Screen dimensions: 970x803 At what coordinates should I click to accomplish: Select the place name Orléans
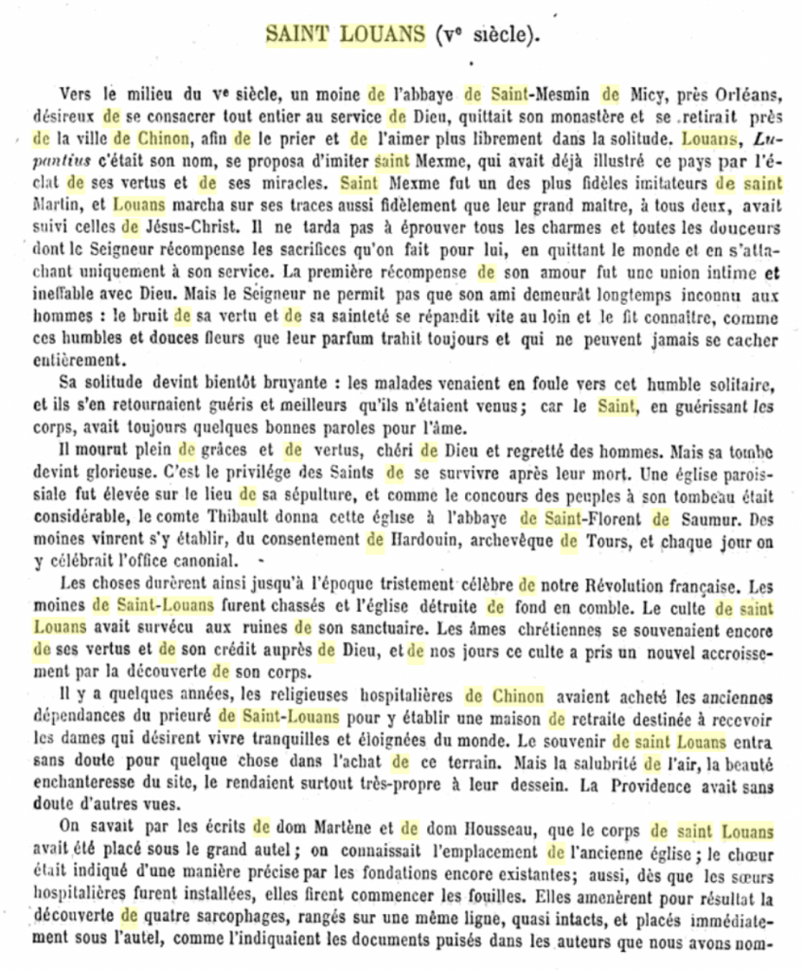753,94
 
